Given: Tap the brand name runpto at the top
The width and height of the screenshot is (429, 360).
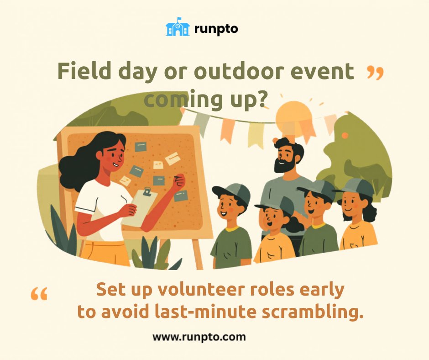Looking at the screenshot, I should tap(216, 29).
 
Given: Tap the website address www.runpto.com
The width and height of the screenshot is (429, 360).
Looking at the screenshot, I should tap(199, 337).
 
